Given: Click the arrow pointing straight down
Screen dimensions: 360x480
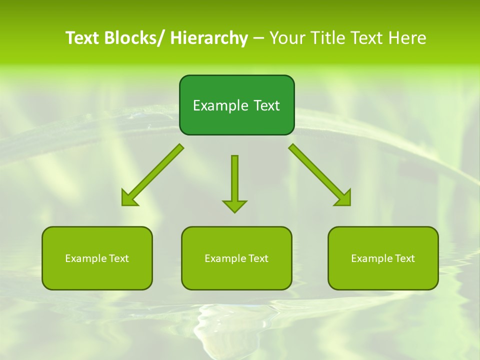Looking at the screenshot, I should click(234, 182).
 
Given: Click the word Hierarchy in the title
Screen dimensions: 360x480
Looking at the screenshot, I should click(209, 38).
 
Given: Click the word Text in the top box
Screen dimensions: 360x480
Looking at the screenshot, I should click(266, 105).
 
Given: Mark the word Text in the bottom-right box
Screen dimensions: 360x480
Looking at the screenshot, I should click(404, 258).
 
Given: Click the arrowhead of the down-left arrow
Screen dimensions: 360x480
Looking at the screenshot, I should click(128, 199).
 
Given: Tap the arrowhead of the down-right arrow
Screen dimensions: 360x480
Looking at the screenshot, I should click(344, 199).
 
